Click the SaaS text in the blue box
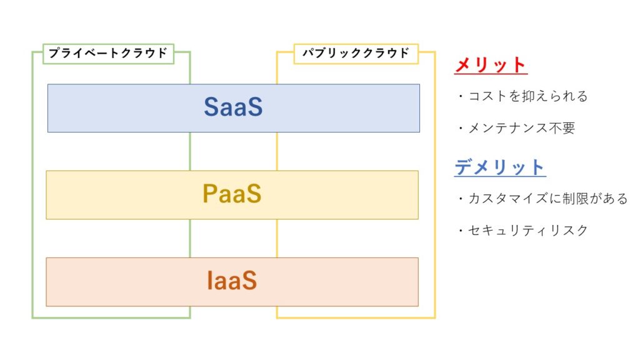click(233, 107)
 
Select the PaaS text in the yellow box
click(232, 194)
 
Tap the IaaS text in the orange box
click(232, 281)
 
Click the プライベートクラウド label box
click(109, 54)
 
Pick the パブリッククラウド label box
click(356, 54)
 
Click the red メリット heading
click(491, 65)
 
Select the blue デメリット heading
click(500, 167)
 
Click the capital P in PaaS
click(210, 194)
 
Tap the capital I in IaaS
click(209, 281)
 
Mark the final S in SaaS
click(255, 107)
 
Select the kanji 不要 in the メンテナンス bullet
click(562, 128)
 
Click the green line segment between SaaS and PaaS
click(190, 151)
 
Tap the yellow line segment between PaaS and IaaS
click(277, 238)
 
